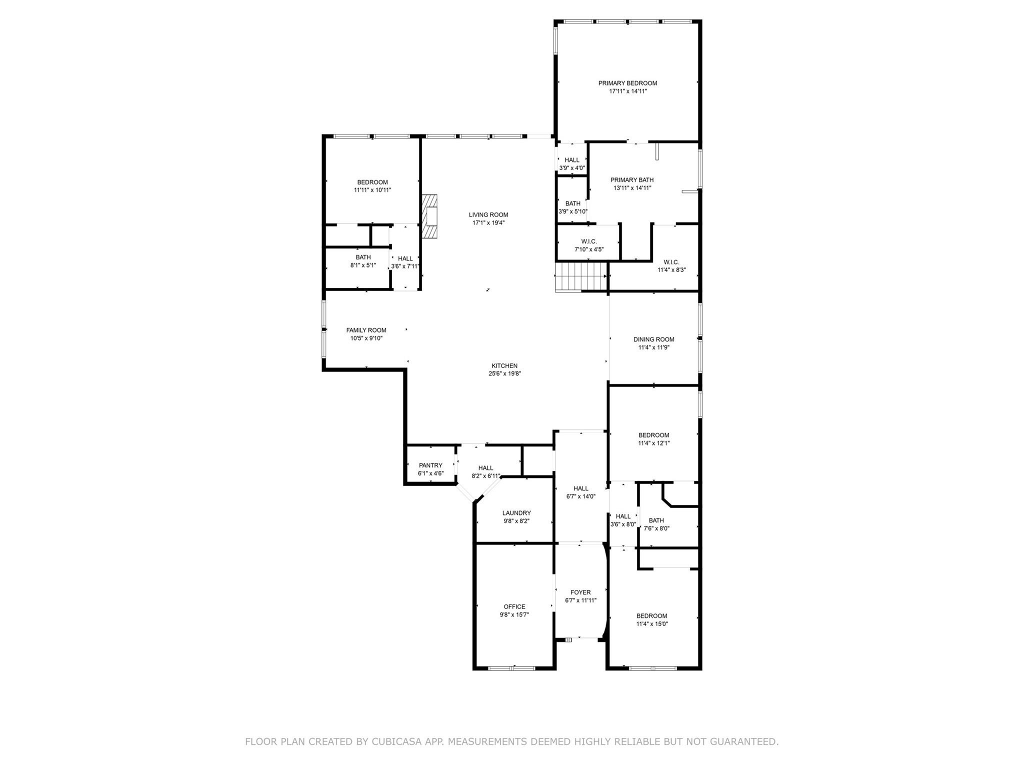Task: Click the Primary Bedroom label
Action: pyautogui.click(x=627, y=83)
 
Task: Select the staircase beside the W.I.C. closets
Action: pyautogui.click(x=581, y=277)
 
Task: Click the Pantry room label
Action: pyautogui.click(x=430, y=465)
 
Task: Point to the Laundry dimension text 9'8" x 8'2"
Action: pyautogui.click(x=516, y=521)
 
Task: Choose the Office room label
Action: pyautogui.click(x=514, y=606)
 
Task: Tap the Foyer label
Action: pyautogui.click(x=580, y=592)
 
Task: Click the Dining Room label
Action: pyautogui.click(x=653, y=339)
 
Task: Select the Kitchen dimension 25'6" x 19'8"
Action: pyautogui.click(x=504, y=373)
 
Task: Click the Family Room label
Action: pyautogui.click(x=366, y=330)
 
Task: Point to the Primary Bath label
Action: pyautogui.click(x=632, y=180)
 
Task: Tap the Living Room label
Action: pyautogui.click(x=488, y=215)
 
